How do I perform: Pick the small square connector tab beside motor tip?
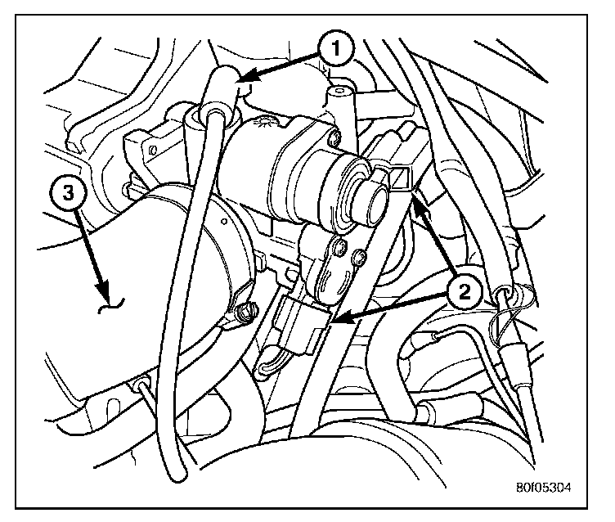[398, 177]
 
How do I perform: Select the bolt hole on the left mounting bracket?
[152, 151]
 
